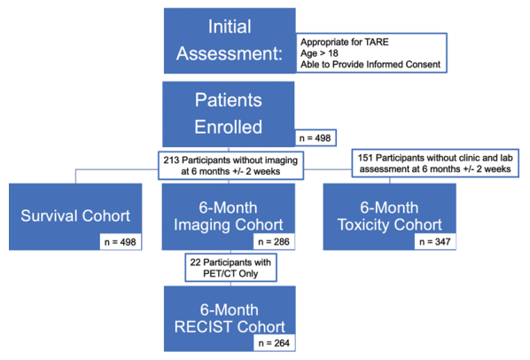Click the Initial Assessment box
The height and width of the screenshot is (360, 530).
pyautogui.click(x=230, y=41)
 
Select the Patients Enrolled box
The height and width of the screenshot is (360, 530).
pyautogui.click(x=229, y=113)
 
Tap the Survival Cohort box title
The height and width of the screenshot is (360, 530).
pyautogui.click(x=75, y=215)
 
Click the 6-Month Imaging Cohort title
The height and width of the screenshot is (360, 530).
pyautogui.click(x=228, y=216)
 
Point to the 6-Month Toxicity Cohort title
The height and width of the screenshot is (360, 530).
pyautogui.click(x=389, y=216)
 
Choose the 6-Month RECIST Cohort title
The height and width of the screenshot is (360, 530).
pyautogui.click(x=230, y=318)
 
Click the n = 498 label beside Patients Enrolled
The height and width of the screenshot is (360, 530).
pyautogui.click(x=316, y=138)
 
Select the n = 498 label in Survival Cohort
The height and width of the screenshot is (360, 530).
pyautogui.click(x=120, y=242)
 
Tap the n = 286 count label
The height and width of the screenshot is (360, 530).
pyautogui.click(x=274, y=242)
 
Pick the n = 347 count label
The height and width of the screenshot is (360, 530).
pyautogui.click(x=435, y=242)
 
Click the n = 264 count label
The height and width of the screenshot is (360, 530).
pyautogui.click(x=274, y=343)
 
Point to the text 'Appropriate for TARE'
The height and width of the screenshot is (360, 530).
pyautogui.click(x=345, y=42)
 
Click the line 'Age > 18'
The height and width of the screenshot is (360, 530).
pyautogui.click(x=319, y=53)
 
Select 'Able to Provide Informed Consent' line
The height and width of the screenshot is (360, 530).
pyautogui.click(x=370, y=64)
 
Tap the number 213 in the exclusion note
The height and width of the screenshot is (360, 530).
pyautogui.click(x=171, y=160)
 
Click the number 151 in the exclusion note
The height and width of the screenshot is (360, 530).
pyautogui.click(x=365, y=158)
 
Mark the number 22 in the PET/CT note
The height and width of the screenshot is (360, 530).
pyautogui.click(x=195, y=262)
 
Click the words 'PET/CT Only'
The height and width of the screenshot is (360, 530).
pyautogui.click(x=230, y=273)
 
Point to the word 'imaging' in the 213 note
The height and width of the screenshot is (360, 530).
pyautogui.click(x=281, y=160)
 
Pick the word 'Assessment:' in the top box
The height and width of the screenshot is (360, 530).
pyautogui.click(x=230, y=53)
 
